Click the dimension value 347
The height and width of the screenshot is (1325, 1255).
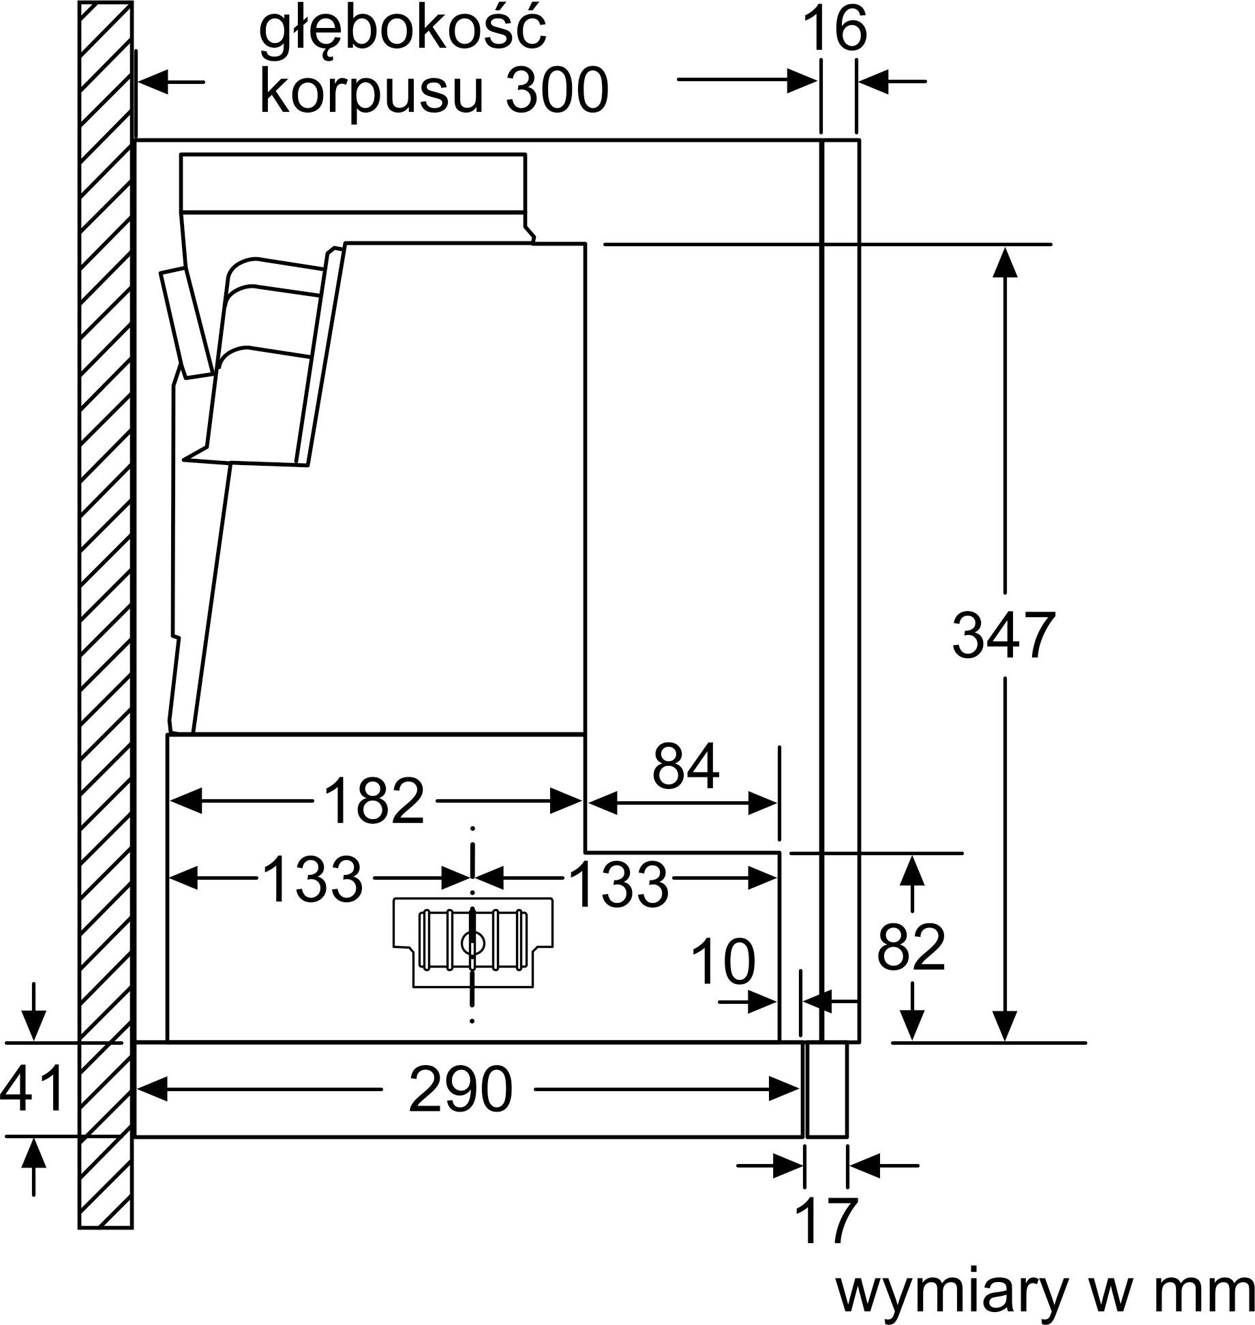1003,636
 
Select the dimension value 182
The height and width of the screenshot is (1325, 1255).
374,801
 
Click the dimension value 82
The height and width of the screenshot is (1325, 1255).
911,947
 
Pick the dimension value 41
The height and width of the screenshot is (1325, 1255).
32,1089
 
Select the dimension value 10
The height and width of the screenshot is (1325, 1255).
723,962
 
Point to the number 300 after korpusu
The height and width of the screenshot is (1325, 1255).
556,90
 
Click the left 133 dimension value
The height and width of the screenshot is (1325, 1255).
312,879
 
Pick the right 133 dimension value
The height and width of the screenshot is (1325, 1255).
618,884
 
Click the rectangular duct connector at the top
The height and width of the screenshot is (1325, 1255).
353,181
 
